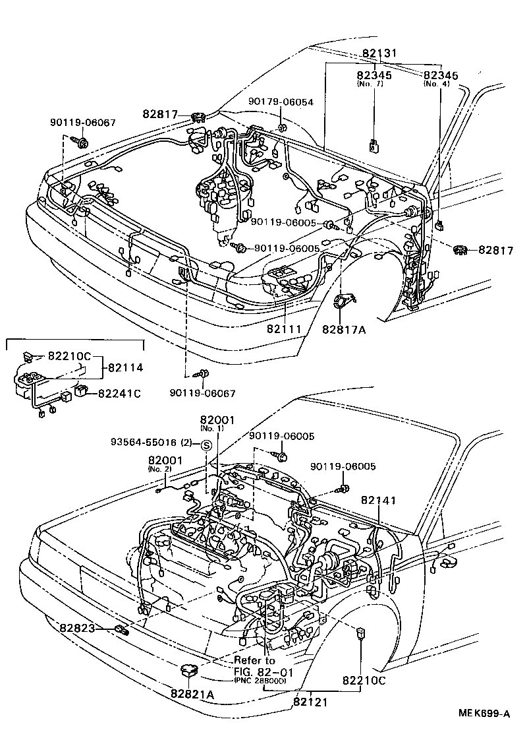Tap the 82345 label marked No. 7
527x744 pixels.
(x=374, y=76)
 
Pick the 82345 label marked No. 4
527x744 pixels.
(x=441, y=76)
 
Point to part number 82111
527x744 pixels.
(x=285, y=327)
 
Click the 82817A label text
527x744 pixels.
(x=344, y=328)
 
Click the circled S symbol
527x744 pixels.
(x=206, y=445)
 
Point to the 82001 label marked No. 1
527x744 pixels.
(x=217, y=420)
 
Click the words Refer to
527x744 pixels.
(x=255, y=660)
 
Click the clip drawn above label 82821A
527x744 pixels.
(x=189, y=671)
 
